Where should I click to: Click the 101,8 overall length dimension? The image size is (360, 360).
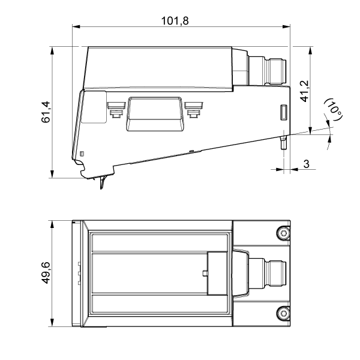175,21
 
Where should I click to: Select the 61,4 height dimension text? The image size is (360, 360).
46,112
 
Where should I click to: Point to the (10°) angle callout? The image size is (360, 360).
334,110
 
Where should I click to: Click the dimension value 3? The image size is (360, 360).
306,164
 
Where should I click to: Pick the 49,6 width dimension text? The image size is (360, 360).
46,273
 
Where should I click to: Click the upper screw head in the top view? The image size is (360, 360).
283,233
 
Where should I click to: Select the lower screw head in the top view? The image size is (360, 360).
283,313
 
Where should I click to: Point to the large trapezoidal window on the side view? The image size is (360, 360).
155,114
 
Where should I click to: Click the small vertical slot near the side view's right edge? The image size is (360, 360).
284,112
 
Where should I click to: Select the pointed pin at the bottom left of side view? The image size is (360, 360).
102,182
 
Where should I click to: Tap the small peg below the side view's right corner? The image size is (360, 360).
284,143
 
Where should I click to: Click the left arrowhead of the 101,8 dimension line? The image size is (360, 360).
76,26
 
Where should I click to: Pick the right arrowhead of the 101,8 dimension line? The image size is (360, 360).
286,26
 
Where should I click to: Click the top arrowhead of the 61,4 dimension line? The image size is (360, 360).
52,51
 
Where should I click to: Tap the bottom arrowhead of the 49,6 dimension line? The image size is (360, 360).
52,322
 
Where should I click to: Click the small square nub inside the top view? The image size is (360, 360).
205,273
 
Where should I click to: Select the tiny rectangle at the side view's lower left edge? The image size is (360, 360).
81,154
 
